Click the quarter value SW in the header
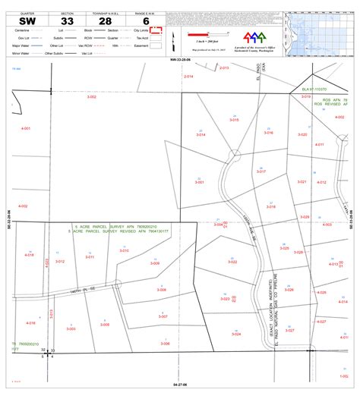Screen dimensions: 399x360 pos(27,20)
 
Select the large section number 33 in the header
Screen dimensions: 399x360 pos(68,20)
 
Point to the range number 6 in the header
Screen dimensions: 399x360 pos(146,20)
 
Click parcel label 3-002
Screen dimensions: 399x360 pos(91,97)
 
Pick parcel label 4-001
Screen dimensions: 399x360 pos(25,129)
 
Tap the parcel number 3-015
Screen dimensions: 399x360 pos(234,120)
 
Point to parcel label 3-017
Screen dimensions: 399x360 pos(261,172)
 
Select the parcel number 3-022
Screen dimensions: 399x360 pos(234,262)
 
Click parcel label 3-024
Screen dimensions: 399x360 pos(235,334)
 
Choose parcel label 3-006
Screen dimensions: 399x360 pos(165,344)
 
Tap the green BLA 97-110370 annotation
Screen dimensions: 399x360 pos(317,90)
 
